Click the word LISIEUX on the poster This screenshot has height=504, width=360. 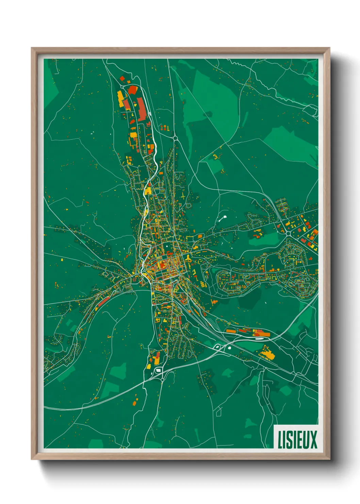297,439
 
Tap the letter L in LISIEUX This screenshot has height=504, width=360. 280,439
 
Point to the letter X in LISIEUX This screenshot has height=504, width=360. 313,439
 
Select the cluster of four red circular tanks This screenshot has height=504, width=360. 164,128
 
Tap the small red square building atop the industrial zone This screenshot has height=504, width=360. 122,79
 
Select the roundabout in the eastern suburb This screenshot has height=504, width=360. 288,234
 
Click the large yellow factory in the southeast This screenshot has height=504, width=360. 267,354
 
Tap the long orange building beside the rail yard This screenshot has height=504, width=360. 231,331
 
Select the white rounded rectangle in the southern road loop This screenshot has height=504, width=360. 158,370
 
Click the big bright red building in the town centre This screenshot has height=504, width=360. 162,263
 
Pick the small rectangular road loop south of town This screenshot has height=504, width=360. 218,412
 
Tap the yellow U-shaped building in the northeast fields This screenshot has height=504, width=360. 215,157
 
